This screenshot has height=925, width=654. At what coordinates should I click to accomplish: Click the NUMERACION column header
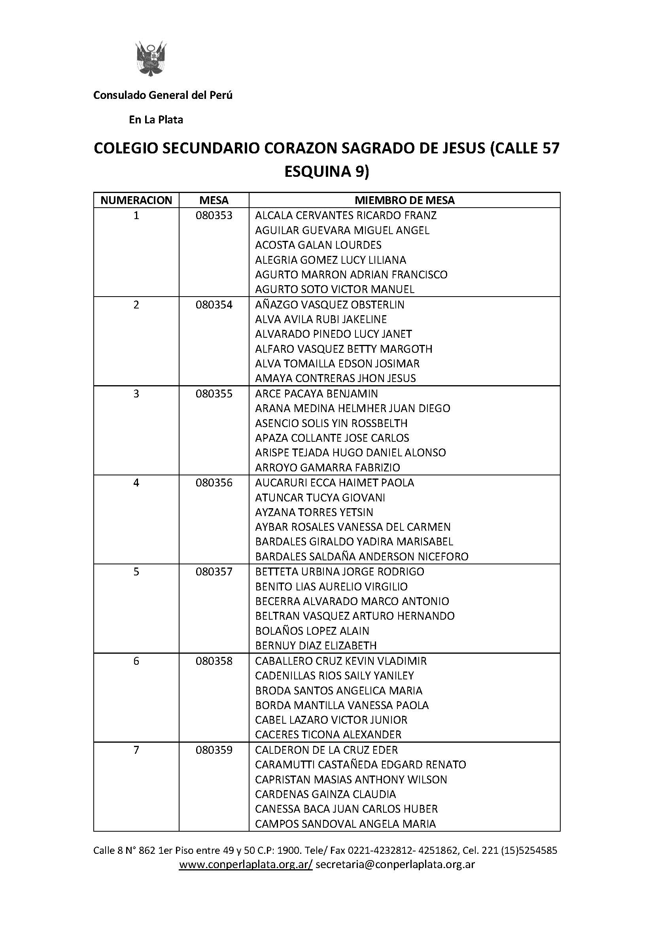click(x=136, y=200)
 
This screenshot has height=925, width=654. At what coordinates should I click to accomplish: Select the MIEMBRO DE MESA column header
click(x=404, y=200)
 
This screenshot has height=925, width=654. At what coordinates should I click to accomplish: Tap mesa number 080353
click(x=214, y=216)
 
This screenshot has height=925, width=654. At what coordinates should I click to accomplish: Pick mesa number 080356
click(x=214, y=482)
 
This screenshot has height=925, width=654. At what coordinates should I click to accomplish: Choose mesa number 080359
click(x=214, y=750)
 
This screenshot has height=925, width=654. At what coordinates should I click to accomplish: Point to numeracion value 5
click(x=136, y=572)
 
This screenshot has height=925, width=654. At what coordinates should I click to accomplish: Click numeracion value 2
click(x=136, y=305)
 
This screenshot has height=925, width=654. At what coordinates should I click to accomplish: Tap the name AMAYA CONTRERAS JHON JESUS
click(x=335, y=378)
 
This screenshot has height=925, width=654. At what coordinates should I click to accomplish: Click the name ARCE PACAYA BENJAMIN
click(x=316, y=393)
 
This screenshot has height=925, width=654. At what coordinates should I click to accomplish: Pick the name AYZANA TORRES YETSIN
click(x=314, y=513)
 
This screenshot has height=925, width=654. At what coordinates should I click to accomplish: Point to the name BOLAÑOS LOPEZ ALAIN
click(x=312, y=631)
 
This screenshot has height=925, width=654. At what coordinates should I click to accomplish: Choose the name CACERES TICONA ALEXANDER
click(x=328, y=735)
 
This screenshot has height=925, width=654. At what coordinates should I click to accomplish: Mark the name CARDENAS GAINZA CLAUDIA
click(x=325, y=794)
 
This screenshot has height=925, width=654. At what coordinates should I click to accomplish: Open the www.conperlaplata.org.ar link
click(x=245, y=864)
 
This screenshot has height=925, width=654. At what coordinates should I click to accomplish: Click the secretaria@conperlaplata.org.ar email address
click(x=395, y=864)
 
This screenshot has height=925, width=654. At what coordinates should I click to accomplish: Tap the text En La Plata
click(x=156, y=120)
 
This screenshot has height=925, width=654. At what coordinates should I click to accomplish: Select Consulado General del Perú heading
click(x=163, y=95)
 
